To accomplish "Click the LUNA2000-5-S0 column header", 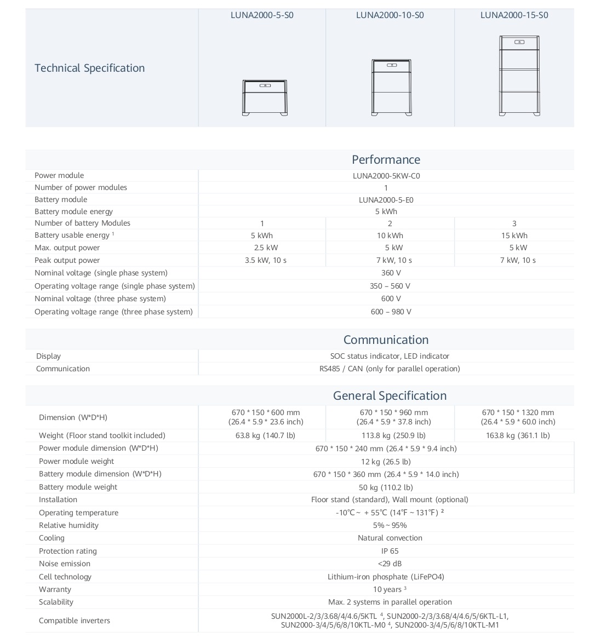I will (262, 15).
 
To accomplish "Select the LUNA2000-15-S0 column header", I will (514, 15).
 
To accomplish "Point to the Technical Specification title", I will (90, 68).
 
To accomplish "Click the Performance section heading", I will (386, 159).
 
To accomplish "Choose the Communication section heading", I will (386, 340).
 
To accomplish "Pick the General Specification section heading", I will (390, 395).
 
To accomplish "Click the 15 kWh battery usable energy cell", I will (514, 235).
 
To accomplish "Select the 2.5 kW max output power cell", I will (262, 248).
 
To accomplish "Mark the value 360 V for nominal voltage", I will (391, 273).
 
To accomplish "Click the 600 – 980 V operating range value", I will (391, 312).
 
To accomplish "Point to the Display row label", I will (48, 356).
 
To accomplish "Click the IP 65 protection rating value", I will (390, 551).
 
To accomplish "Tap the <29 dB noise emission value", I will (390, 564).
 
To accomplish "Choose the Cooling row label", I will (51, 538).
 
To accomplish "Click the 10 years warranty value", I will (389, 589).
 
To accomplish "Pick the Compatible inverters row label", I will (75, 620).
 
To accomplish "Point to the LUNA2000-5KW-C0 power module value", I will (386, 176).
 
